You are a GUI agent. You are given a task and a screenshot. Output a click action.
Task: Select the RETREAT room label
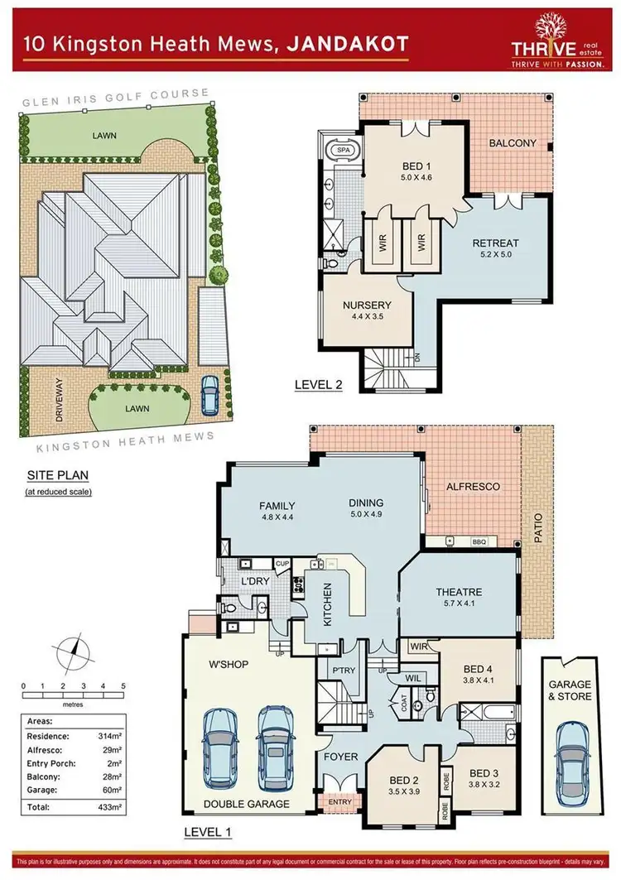pos(495,243)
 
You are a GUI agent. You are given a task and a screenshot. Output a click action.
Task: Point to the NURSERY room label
pos(366,305)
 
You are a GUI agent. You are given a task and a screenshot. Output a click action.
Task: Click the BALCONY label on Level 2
pos(513,143)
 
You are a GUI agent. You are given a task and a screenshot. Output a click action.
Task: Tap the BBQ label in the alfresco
pos(479,542)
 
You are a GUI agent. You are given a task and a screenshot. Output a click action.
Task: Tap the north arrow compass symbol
pos(73,650)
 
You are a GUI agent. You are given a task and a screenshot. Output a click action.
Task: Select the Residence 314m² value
pos(110,734)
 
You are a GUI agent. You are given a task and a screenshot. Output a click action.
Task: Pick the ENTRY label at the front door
pos(340,801)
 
